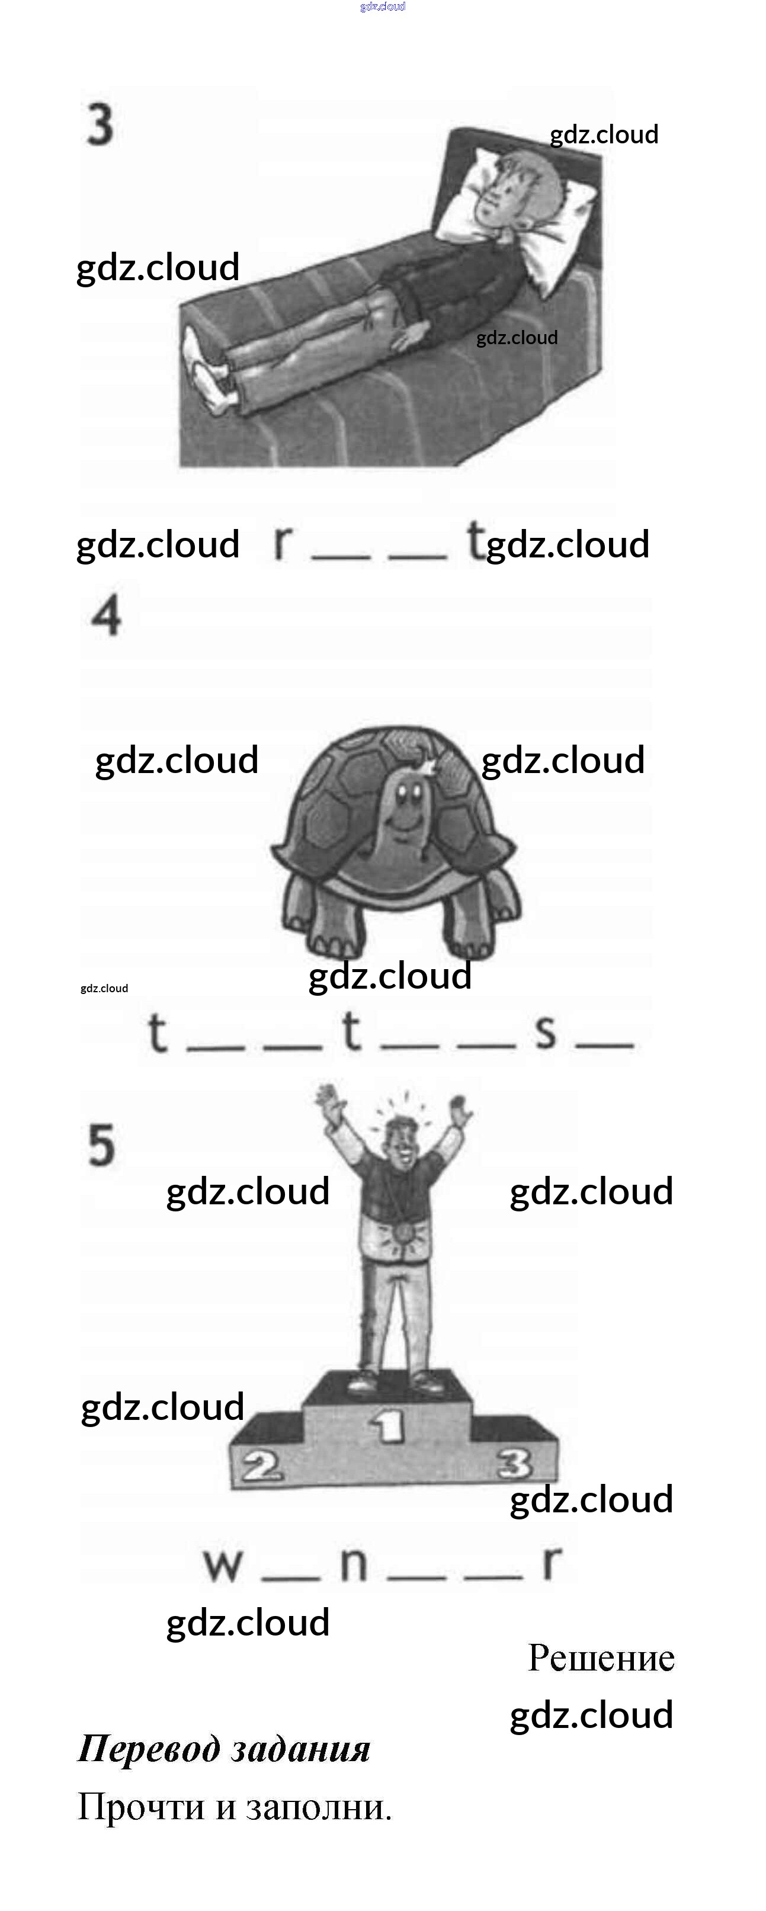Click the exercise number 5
[x=102, y=1144]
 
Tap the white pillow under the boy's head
[x=542, y=223]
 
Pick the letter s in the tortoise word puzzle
[x=546, y=1031]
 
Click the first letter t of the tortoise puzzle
[x=158, y=1033]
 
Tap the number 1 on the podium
[x=387, y=1424]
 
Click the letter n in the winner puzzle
[x=353, y=1564]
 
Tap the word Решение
[x=601, y=1658]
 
